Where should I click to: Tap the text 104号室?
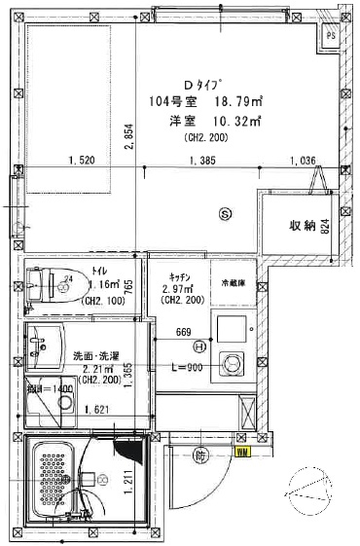pyautogui.click(x=172, y=101)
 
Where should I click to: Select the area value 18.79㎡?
pyautogui.click(x=237, y=101)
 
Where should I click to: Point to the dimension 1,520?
pyautogui.click(x=83, y=161)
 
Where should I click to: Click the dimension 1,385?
pyautogui.click(x=202, y=161)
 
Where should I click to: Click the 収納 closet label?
pyautogui.click(x=303, y=226)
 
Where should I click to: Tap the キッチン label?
pyautogui.click(x=178, y=275)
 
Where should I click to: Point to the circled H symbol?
pyautogui.click(x=199, y=346)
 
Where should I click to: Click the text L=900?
pyautogui.click(x=185, y=366)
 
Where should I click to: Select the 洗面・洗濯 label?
pyautogui.click(x=95, y=355)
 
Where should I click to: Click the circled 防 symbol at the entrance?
pyautogui.click(x=199, y=455)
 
